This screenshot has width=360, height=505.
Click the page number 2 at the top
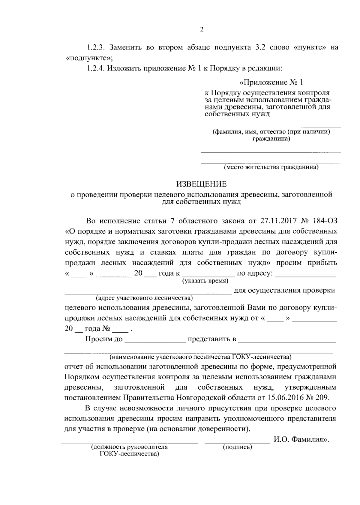click(202, 29)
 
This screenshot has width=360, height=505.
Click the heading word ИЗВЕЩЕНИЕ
click(201, 184)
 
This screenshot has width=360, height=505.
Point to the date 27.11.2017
click(278, 221)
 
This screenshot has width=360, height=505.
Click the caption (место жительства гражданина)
click(271, 167)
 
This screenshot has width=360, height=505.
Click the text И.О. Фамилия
click(300, 440)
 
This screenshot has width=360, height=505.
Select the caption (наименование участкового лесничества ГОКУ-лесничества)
click(200, 357)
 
